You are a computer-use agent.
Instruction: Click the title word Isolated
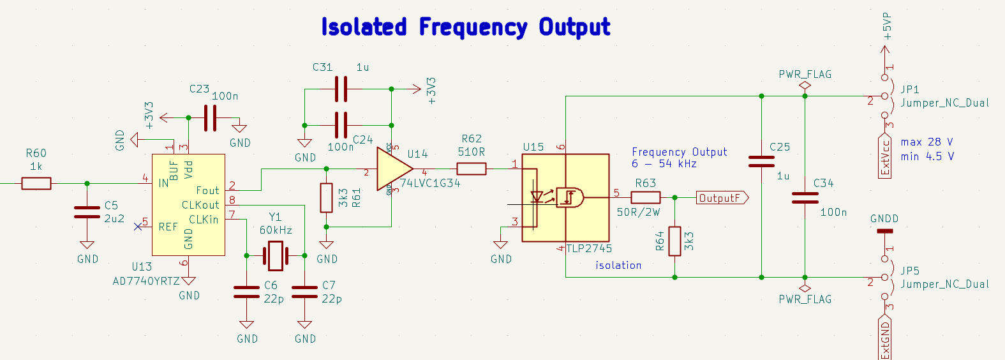click(364, 27)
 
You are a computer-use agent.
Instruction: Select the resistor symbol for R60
click(36, 184)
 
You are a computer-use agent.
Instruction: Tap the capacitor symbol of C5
click(87, 213)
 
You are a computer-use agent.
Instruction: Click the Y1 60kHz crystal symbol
click(276, 256)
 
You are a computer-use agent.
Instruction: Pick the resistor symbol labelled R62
click(472, 169)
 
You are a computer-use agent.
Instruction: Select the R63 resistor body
click(645, 198)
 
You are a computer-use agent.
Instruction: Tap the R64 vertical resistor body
click(674, 241)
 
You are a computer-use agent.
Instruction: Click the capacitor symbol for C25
click(761, 161)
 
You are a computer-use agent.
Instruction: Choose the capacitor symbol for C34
click(805, 198)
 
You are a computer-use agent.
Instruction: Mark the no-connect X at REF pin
click(138, 226)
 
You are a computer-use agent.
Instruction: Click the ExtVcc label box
click(884, 156)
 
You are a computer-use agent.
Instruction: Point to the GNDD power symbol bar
click(884, 231)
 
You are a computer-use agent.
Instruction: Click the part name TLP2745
click(589, 248)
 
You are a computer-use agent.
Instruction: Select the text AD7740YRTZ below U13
click(146, 281)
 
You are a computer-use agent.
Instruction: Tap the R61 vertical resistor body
click(326, 197)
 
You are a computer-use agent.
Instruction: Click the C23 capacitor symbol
click(210, 118)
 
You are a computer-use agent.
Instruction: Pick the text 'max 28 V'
click(927, 142)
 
